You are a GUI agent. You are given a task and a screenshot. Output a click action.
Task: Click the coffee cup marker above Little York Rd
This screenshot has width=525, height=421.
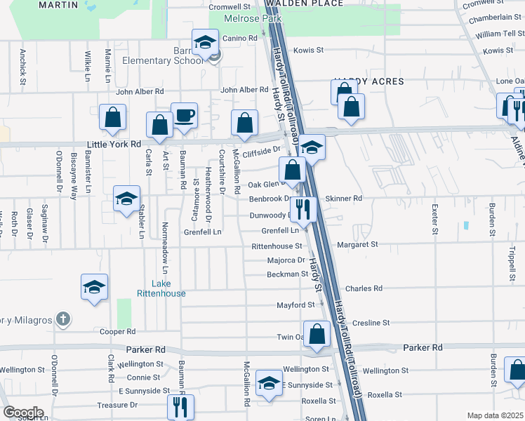click(184, 115)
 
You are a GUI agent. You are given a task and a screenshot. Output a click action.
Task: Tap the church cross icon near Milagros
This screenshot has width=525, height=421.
click(63, 319)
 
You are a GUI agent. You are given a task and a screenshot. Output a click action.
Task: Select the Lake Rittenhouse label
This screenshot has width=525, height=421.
click(161, 288)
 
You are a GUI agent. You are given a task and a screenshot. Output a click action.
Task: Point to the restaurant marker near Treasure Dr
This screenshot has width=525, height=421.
click(180, 406)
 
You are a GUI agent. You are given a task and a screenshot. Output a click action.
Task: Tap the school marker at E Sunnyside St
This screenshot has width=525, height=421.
click(269, 382)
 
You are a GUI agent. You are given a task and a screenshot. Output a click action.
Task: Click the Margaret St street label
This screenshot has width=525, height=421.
click(357, 245)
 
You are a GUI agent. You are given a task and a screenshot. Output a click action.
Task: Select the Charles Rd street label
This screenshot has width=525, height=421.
click(364, 288)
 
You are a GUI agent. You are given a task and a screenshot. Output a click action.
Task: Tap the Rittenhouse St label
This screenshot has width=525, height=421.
click(277, 246)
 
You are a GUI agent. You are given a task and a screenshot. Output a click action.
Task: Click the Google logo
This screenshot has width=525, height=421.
click(23, 413)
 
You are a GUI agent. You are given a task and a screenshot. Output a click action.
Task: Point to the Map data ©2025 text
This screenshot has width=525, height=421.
click(494, 415)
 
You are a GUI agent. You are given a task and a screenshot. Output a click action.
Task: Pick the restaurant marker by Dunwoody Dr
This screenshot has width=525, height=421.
click(303, 208)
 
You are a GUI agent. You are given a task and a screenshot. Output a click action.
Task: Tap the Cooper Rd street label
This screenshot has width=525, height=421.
click(117, 332)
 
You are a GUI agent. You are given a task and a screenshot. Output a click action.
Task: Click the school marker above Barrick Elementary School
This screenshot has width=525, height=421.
click(206, 43)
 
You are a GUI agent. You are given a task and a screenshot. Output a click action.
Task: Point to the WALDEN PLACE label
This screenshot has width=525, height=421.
click(314, 4)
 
